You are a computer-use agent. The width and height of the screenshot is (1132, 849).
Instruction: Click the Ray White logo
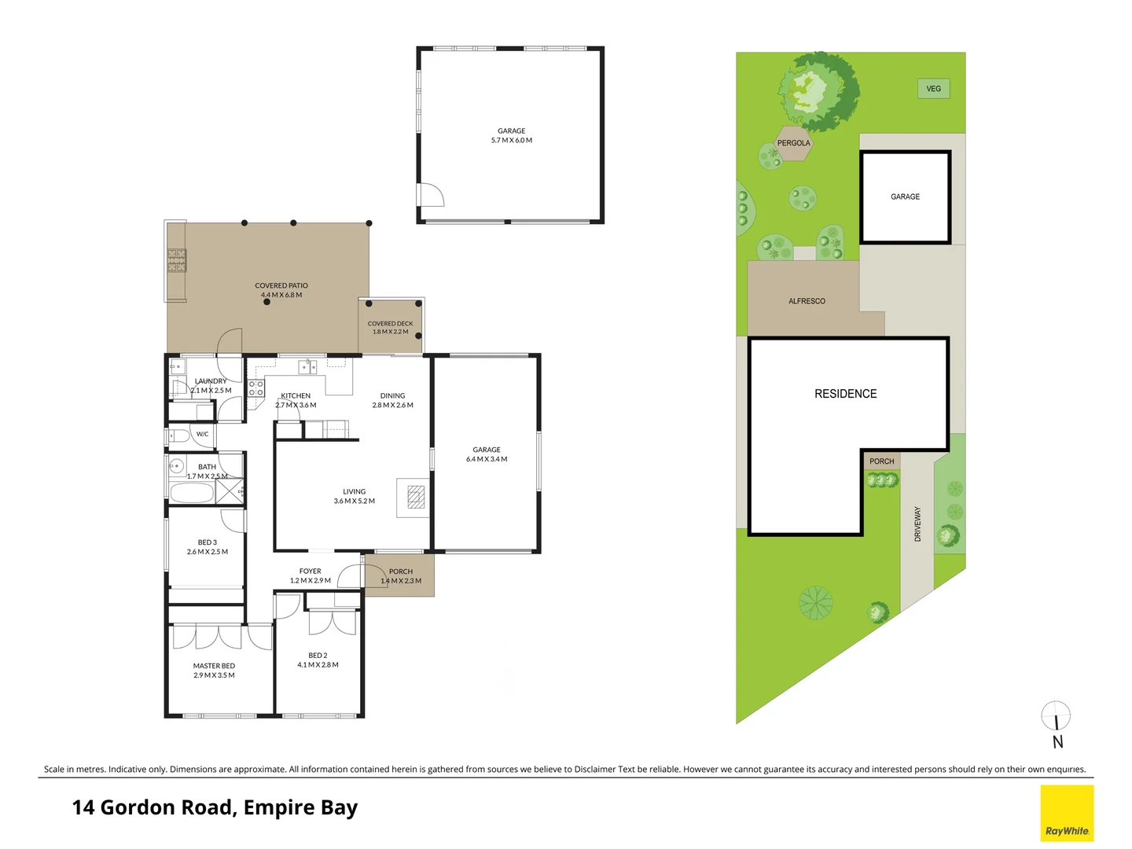point(1067,813)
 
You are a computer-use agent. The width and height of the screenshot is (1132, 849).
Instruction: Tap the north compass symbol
point(1056,716)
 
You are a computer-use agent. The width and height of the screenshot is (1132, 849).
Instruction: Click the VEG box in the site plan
point(933,89)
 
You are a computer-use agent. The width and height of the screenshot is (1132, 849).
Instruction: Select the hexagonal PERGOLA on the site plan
point(793,143)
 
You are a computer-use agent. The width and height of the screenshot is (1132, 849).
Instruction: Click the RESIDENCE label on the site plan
point(845,394)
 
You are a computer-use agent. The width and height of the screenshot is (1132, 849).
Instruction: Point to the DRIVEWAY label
point(917,524)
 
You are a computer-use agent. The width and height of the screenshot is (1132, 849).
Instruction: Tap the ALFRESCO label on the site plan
point(807,301)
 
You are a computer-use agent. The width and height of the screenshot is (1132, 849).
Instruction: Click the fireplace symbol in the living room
point(416,498)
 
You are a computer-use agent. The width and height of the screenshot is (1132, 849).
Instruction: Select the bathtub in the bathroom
point(192,493)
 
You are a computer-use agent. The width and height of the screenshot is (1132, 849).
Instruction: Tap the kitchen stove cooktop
point(256,388)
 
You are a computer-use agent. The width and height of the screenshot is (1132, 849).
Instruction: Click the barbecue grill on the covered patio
point(177,260)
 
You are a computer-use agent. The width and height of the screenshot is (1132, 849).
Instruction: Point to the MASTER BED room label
point(214,666)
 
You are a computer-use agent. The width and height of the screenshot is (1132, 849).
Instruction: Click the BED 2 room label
point(318,655)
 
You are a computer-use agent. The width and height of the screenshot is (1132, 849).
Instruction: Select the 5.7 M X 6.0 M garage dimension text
point(511,141)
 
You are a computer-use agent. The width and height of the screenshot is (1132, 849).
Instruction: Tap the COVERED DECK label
point(390,323)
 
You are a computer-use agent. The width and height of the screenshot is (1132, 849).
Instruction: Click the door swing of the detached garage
point(430,195)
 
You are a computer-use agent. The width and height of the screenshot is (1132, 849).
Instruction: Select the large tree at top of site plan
point(818,90)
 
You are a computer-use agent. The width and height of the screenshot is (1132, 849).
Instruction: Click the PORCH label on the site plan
point(881,461)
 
